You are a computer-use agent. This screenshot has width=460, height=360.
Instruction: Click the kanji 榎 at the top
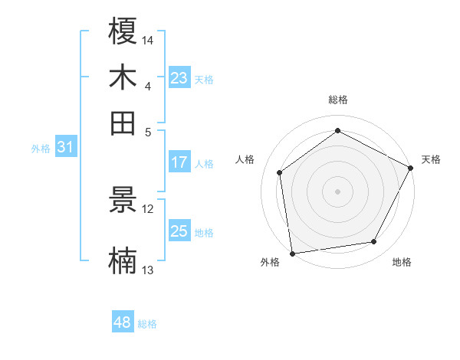pos(123,32)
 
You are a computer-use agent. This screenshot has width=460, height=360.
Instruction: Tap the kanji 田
pos(123,123)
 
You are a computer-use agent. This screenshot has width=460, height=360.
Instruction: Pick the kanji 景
pos(123,201)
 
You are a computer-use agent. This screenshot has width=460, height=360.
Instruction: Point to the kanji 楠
pos(123,260)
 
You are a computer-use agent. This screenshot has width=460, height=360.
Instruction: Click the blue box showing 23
pos(179,78)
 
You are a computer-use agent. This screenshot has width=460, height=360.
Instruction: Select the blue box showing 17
pos(179,162)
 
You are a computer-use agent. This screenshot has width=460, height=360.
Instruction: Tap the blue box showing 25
pos(179,231)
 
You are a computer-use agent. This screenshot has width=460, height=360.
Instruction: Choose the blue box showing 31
pos(65,148)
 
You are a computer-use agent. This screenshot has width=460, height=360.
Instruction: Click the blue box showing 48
pos(123,322)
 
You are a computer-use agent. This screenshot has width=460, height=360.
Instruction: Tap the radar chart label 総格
pos(338,100)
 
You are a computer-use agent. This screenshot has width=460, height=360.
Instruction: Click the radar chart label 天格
pos(431,159)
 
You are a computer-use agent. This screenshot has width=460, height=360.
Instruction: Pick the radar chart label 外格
pos(270,263)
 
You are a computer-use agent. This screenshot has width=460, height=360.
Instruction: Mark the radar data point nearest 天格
pos(411,168)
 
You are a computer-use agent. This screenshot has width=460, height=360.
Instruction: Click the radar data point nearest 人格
pos(280,172)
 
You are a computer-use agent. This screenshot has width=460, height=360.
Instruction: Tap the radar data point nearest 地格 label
pos(374,242)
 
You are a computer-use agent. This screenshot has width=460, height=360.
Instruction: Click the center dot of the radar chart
pos(338,191)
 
